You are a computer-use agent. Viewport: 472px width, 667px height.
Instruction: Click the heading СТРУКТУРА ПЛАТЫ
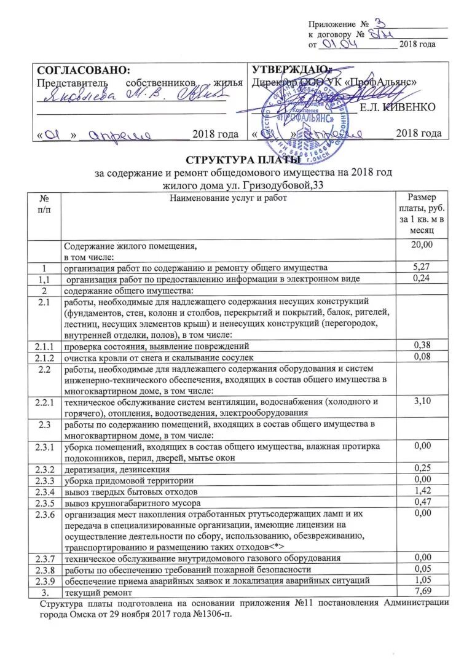(x=236, y=161)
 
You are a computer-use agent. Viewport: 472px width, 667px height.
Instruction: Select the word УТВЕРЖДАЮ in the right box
(x=291, y=69)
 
